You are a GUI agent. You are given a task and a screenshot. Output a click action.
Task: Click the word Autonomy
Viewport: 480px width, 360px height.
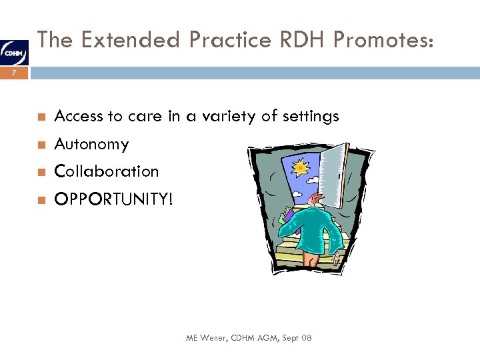coord(91,144)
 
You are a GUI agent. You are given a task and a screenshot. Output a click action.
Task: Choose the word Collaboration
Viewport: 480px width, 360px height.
coord(107,171)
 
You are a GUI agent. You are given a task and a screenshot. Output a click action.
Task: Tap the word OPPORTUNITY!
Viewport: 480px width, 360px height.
coord(113,199)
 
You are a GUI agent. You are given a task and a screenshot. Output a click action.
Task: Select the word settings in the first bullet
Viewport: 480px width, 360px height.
coord(310,117)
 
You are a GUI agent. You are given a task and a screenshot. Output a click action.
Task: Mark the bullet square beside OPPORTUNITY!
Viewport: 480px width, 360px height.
coord(41,200)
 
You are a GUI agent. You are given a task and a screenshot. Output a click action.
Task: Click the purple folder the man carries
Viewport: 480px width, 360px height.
coord(288,215)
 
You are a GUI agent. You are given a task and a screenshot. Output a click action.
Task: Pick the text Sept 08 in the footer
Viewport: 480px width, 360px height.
coord(297,339)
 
